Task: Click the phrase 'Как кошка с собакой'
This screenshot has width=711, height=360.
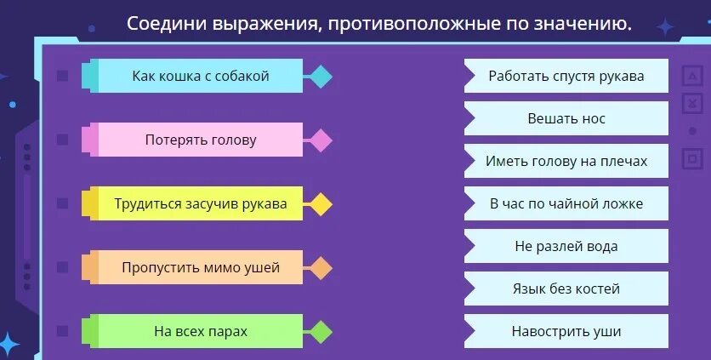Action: coord(200,77)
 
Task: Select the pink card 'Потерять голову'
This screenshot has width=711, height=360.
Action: coord(200,140)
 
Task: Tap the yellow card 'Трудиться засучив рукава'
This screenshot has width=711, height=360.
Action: coord(200,204)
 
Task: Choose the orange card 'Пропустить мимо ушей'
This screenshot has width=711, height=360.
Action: coord(200,268)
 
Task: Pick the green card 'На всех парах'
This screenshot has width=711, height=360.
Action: coord(200,331)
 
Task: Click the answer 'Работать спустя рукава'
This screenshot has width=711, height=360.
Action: coord(566,76)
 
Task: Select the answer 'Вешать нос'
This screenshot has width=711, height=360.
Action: coord(566,118)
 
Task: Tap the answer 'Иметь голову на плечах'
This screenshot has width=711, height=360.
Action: coord(566,161)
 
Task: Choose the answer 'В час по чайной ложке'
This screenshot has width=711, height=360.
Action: coord(566,203)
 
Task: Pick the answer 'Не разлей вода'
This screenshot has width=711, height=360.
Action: coord(566,247)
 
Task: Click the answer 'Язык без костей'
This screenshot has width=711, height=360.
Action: coord(566,289)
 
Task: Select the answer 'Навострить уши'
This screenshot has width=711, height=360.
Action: coord(566,331)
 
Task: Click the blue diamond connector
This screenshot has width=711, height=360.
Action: coord(320,77)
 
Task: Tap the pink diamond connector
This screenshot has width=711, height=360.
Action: coord(320,140)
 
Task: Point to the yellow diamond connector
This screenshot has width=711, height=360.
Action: coord(320,204)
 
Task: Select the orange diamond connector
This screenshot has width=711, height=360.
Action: coord(320,268)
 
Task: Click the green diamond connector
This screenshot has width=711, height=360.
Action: coord(320,331)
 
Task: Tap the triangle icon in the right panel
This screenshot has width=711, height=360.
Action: coord(691,77)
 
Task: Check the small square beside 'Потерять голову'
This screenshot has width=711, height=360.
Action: coord(62,140)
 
